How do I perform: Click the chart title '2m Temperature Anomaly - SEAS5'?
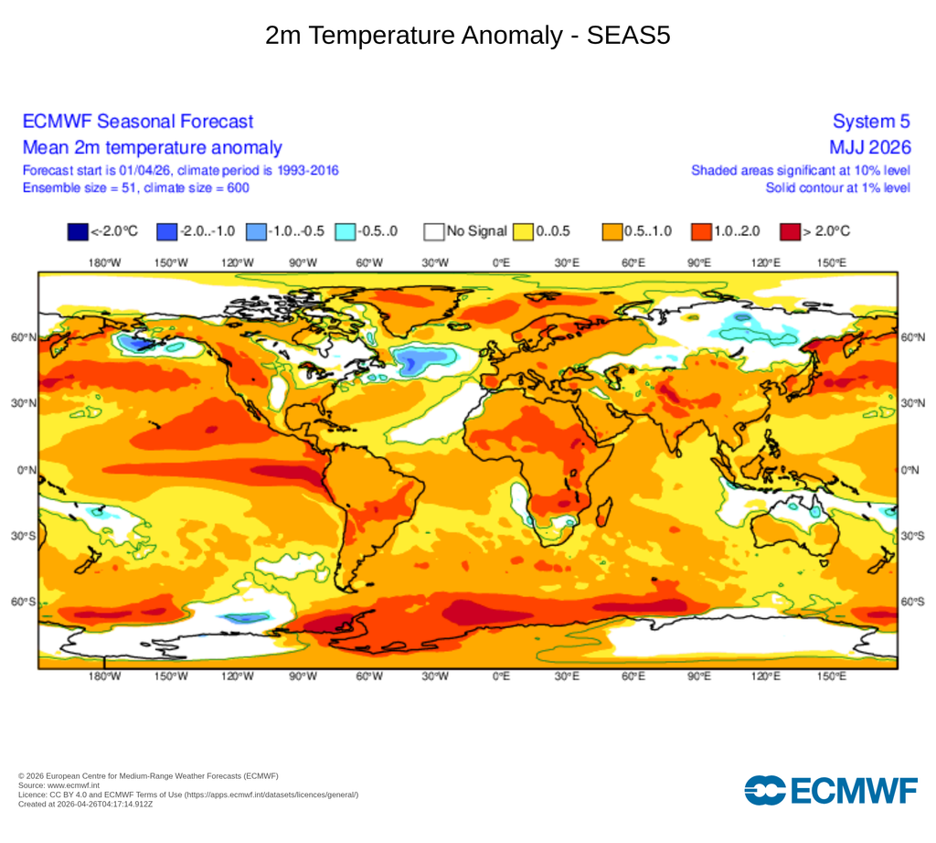pos(468,36)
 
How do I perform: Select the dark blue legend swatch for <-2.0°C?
pos(78,231)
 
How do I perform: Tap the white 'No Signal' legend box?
pos(433,231)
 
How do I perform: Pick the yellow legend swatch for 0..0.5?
pos(523,231)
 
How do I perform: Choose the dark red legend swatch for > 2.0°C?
pos(790,231)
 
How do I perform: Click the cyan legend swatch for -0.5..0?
pos(346,231)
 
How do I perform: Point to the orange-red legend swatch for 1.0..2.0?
pos(701,231)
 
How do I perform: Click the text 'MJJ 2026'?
pos(869,147)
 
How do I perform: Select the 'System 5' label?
pos(872,122)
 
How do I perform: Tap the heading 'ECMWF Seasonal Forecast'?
pos(138,122)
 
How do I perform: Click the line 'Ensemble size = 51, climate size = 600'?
pos(136,187)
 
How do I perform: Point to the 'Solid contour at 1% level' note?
pos(838,187)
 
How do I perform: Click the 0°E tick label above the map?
pos(501,262)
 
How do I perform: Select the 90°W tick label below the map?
pos(303,677)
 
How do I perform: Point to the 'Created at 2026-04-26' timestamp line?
pos(85,804)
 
